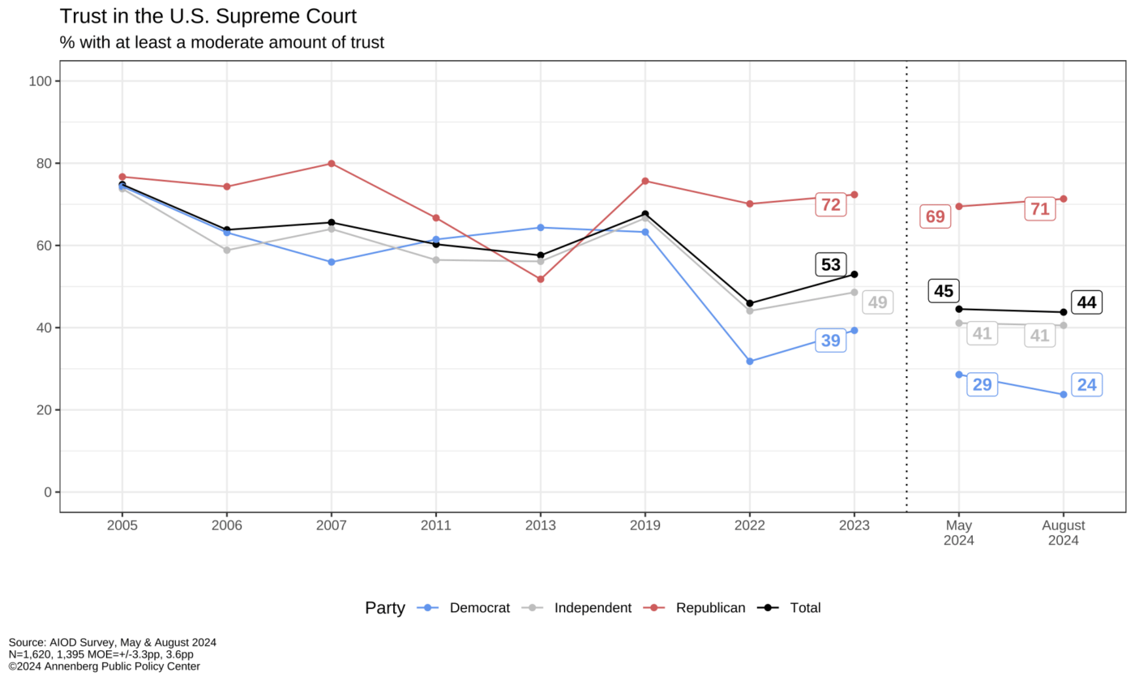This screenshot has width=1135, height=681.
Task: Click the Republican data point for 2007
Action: point(332,164)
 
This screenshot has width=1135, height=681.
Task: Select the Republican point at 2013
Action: point(541,279)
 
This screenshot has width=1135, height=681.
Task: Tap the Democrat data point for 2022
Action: point(750,362)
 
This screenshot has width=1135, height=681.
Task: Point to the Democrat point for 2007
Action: point(332,262)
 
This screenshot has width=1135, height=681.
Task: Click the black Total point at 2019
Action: point(645,214)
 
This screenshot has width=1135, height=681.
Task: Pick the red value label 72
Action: point(831,205)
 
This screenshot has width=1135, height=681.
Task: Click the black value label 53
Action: point(831,264)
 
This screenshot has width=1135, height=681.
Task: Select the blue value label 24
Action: point(1086,385)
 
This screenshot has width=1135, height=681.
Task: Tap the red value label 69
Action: point(935,216)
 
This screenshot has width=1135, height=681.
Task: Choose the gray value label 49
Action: point(877,302)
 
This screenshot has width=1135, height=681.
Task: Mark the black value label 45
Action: point(944,291)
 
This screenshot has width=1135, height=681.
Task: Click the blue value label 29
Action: point(982,384)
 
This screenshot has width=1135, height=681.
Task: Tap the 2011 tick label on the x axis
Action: point(436,525)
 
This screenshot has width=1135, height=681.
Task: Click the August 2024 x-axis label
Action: point(1063,533)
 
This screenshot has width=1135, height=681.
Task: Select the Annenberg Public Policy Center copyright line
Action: point(104,666)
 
